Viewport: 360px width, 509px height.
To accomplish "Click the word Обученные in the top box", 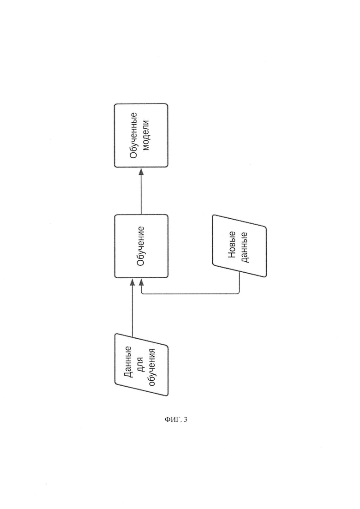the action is coord(133,135).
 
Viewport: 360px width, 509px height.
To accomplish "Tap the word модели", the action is coord(145,135).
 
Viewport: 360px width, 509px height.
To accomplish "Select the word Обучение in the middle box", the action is coord(141,246).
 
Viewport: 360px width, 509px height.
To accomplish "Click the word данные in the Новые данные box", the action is coord(244,247).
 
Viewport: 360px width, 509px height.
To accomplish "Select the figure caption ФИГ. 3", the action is coord(176,419).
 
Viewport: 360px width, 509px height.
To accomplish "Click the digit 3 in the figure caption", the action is coord(186,419).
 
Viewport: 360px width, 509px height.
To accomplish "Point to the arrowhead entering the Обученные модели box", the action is coord(141,171).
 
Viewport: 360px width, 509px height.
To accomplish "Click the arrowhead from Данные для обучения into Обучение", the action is coord(132,281).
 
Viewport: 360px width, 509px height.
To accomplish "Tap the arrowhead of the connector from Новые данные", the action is coord(141,281).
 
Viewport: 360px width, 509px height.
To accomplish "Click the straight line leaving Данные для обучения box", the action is coord(132,310).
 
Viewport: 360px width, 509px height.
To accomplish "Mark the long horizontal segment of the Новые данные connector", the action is coord(190,294).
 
